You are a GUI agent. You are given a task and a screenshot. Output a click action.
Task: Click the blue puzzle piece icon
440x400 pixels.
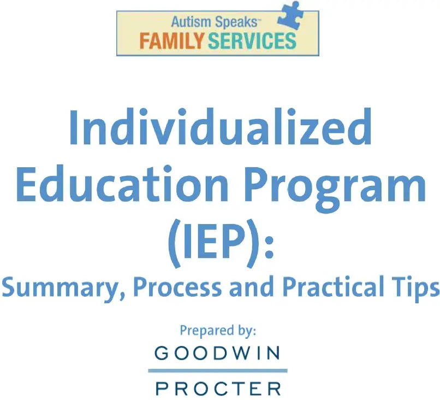click(x=291, y=15)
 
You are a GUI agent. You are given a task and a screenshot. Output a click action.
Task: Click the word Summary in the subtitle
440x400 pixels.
click(x=63, y=288)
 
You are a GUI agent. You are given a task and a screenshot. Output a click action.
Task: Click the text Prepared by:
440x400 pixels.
click(x=218, y=331)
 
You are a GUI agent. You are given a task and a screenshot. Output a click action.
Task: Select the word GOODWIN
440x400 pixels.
click(x=217, y=354)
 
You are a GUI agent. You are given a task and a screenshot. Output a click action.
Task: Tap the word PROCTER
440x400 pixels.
click(x=218, y=389)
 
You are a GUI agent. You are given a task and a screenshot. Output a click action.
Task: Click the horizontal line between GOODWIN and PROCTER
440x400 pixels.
click(x=217, y=371)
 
